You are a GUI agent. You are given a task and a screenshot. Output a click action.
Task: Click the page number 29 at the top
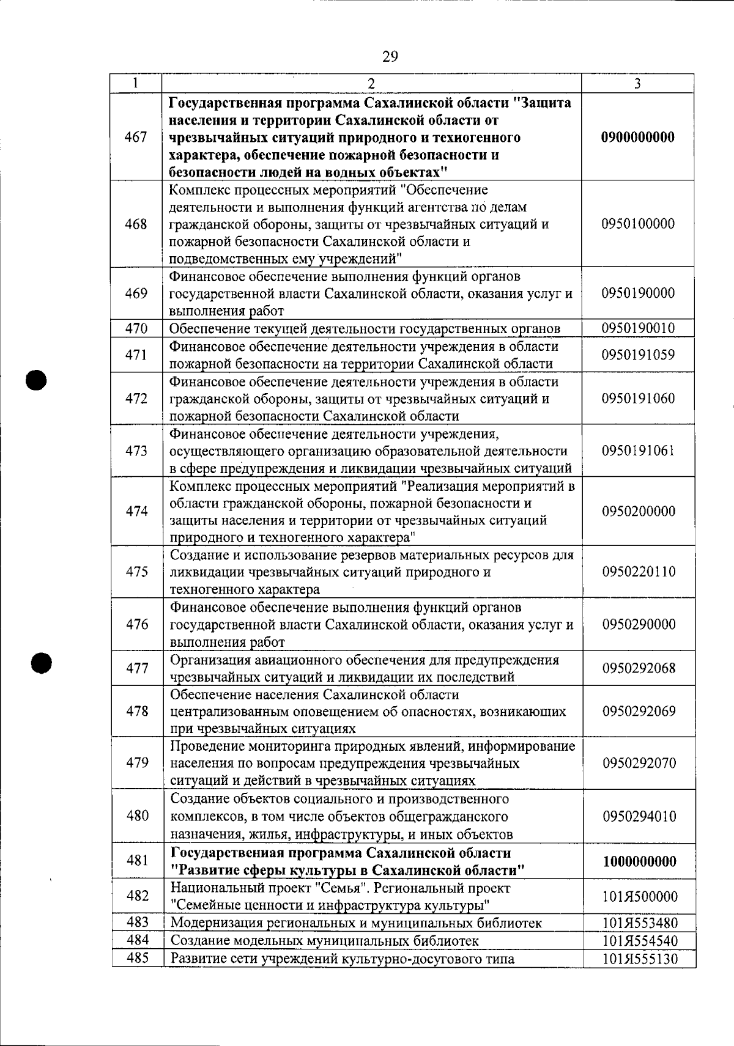pos(390,57)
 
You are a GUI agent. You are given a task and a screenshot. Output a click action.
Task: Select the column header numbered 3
pos(637,84)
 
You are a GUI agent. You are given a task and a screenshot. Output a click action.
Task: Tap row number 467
pos(136,137)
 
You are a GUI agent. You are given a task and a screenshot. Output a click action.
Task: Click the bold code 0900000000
pos(637,137)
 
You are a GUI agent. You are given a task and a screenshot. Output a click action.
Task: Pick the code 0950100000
pos(637,224)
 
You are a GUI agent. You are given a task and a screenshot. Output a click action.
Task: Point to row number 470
pos(136,328)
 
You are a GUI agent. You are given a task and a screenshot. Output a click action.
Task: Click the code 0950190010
pos(637,328)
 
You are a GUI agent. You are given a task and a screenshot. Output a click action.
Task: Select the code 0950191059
pos(637,355)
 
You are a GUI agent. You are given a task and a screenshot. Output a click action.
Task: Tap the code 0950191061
pos(637,451)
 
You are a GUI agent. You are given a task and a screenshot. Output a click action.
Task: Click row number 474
pos(136,511)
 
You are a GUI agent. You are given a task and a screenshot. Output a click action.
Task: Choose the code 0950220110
pos(639,572)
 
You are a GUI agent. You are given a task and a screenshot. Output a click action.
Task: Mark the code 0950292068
pos(639,668)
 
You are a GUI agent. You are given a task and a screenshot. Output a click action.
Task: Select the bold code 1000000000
pos(639,861)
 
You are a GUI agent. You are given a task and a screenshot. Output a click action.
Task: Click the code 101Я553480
pos(640,923)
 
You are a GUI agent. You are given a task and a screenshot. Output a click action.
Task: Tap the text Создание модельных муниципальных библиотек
pos(324,941)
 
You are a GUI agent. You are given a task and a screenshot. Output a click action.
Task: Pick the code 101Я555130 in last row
pos(640,959)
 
